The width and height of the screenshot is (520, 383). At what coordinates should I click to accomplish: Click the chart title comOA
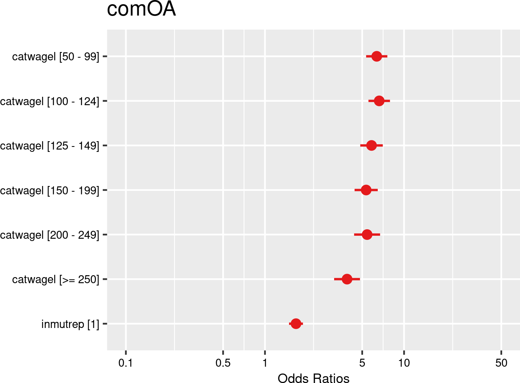(x=141, y=9)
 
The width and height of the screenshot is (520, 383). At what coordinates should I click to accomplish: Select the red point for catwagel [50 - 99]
(x=376, y=56)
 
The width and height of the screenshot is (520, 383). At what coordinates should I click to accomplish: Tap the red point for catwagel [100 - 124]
(x=379, y=101)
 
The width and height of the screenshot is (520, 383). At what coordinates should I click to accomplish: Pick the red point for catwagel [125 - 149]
(x=371, y=145)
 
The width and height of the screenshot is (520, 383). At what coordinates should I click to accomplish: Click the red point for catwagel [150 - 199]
(x=366, y=190)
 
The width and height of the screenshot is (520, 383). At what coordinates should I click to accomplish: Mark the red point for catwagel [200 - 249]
(x=367, y=235)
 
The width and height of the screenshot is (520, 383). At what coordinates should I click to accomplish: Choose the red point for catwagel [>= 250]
(x=347, y=279)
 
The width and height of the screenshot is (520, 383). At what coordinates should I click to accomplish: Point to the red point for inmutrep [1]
(x=296, y=324)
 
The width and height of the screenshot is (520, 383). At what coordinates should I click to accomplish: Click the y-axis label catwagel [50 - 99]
(x=55, y=57)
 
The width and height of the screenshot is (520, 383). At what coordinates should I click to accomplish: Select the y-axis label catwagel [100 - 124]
(x=50, y=102)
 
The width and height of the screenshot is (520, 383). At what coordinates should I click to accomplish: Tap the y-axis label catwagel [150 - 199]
(x=50, y=191)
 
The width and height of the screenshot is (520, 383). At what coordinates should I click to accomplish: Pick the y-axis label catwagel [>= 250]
(x=55, y=280)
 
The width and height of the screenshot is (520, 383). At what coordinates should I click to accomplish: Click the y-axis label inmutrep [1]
(x=70, y=325)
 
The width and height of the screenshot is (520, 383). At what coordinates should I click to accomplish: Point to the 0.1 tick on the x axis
(x=126, y=363)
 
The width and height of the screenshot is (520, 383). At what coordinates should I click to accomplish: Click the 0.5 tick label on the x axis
(x=223, y=363)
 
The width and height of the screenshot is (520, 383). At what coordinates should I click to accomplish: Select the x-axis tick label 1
(x=265, y=363)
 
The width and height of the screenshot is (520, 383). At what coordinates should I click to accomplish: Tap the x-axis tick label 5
(x=362, y=363)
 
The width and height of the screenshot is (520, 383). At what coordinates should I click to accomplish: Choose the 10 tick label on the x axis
(x=404, y=363)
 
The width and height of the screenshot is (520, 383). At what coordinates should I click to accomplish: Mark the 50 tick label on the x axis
(x=501, y=363)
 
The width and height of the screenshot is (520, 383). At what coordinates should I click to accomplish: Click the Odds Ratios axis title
(x=313, y=378)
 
